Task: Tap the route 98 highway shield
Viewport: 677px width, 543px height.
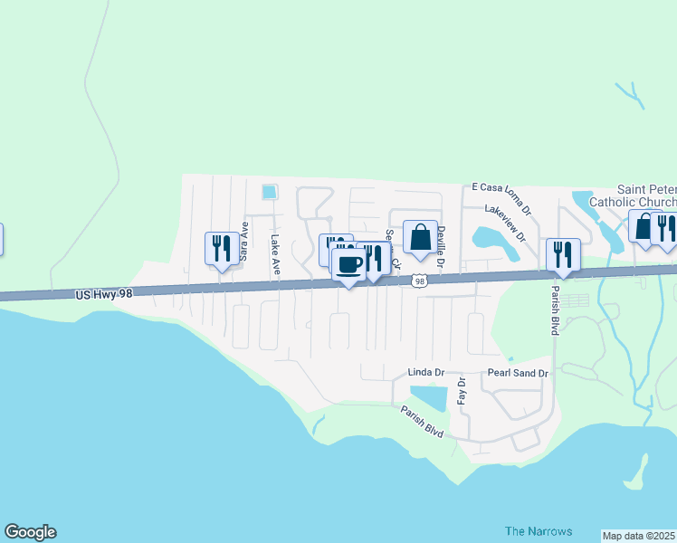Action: coord(419,281)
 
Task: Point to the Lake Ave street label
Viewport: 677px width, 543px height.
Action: coord(275,255)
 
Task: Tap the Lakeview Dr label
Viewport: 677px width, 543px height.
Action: coord(505,224)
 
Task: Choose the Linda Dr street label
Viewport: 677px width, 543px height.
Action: coord(426,373)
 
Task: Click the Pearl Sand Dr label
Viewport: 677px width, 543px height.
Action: coord(519,373)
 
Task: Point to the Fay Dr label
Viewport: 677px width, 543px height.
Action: coord(461,390)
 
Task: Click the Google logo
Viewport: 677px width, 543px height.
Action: coord(30,532)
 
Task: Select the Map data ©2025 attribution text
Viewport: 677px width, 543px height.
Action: coord(638,536)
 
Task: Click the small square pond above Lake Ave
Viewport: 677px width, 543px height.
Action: coord(269,192)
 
